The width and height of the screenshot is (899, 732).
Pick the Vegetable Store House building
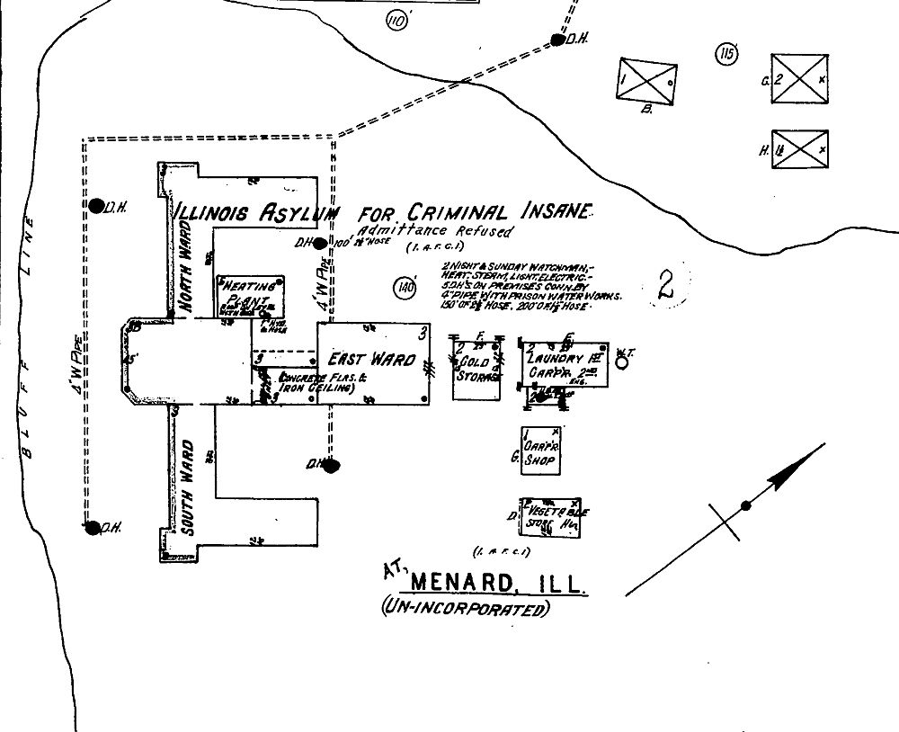tap(549, 517)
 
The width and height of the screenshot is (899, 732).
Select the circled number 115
tap(726, 55)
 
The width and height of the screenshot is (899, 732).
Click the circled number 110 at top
tap(396, 21)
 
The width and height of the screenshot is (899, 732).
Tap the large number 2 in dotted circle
tap(665, 285)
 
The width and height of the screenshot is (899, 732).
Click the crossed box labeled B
tap(647, 81)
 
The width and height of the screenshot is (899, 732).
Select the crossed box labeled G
tap(799, 80)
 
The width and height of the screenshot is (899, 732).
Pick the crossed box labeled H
tap(799, 149)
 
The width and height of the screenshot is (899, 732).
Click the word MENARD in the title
tap(466, 585)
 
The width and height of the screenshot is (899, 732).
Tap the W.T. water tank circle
tap(620, 363)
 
